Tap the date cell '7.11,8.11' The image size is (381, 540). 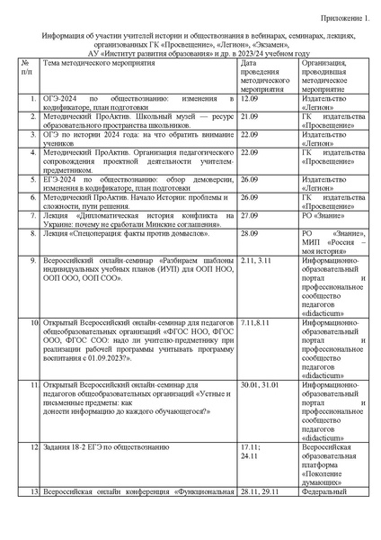[256, 321]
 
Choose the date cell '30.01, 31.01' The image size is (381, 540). [261, 385]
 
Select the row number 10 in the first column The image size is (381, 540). [32, 321]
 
